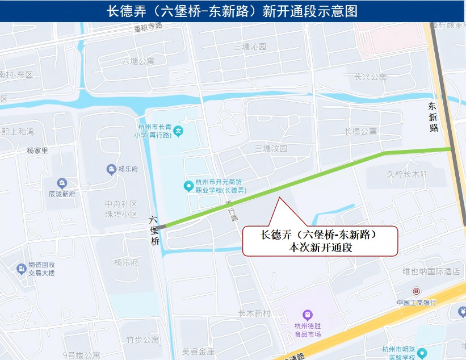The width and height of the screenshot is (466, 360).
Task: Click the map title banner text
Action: [x=232, y=11]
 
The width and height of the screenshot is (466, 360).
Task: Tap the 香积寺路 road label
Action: [x=148, y=26]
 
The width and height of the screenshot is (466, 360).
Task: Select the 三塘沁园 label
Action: [x=250, y=47]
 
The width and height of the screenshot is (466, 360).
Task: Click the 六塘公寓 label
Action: [x=138, y=61]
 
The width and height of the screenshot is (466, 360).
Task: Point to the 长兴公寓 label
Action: [x=370, y=77]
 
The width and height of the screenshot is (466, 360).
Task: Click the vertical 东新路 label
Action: [x=434, y=117]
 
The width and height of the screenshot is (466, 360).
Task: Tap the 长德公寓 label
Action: [x=360, y=131]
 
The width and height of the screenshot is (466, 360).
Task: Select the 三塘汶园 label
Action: [x=271, y=149]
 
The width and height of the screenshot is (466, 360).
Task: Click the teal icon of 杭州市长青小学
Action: [x=178, y=131]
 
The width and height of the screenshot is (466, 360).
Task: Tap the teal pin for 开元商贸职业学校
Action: [x=188, y=186]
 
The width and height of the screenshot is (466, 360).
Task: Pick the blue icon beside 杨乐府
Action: [x=111, y=169]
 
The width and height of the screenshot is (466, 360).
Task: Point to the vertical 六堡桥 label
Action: [x=153, y=230]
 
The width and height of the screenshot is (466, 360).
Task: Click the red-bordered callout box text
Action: [x=320, y=240]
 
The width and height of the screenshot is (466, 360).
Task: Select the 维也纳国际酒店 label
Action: [x=431, y=271]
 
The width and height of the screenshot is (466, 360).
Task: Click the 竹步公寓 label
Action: [x=142, y=340]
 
